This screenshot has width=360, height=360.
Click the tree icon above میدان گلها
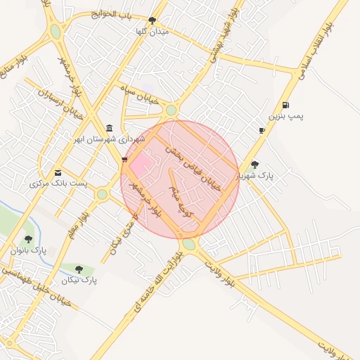point(152,21)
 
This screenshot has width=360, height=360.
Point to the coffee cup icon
point(262,130)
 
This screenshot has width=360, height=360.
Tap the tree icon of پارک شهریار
point(254,165)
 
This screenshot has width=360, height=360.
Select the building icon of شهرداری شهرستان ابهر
point(109,128)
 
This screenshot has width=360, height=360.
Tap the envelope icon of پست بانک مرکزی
point(58,172)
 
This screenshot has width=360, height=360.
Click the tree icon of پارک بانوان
point(28,239)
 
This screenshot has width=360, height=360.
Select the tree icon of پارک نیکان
point(79,269)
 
